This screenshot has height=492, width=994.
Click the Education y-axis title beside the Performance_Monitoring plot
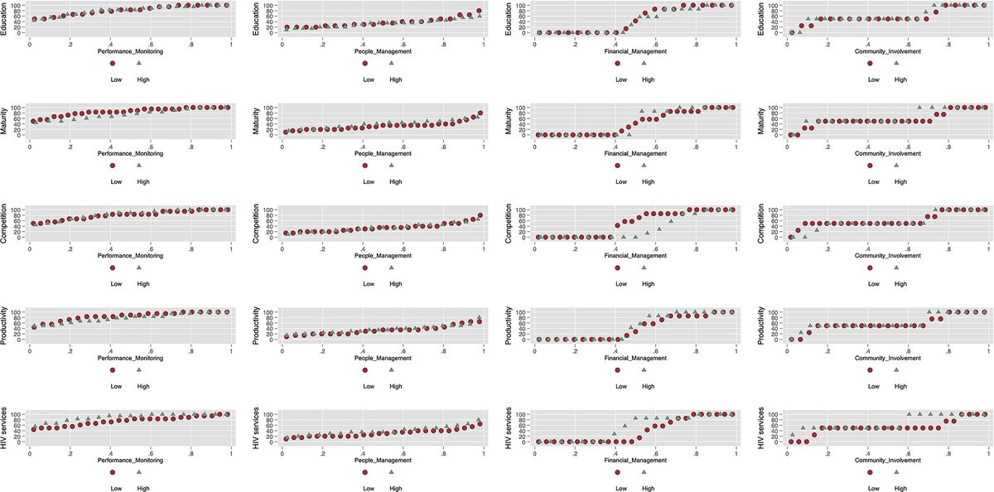(5, 17)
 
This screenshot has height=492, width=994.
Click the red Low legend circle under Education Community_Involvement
(870, 64)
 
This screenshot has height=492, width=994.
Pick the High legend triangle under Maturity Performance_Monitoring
(139, 166)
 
